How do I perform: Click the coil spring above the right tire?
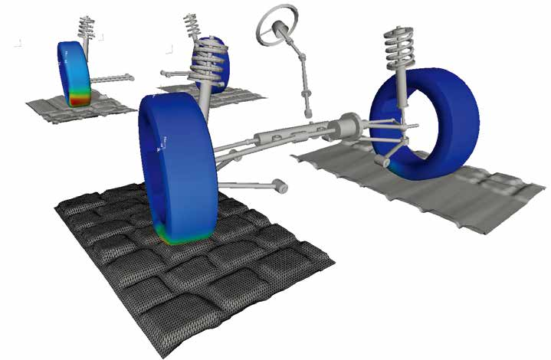[399, 54]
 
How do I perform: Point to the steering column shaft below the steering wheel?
[301, 69]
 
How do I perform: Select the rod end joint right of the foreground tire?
[281, 186]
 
